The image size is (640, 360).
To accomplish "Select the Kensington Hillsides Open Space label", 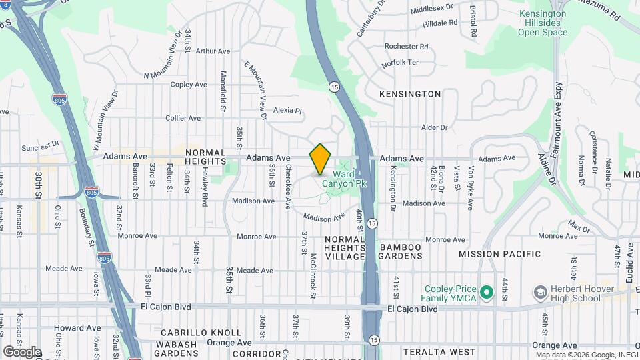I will (543, 23).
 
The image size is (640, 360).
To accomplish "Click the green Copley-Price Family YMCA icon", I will (487, 292).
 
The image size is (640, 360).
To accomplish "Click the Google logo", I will (22, 351).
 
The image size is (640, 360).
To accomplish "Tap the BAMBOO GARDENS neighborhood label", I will (401, 252).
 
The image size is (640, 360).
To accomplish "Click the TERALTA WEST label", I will (439, 351).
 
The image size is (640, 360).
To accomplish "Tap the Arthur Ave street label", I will (213, 51).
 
